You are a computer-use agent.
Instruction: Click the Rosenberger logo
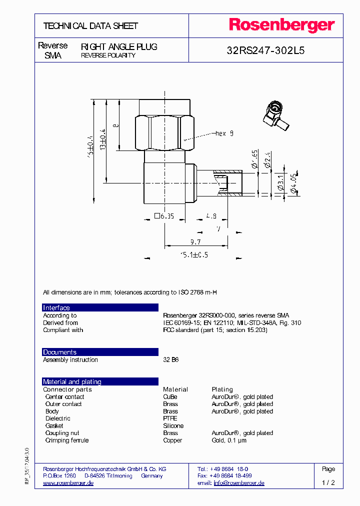pyautogui.click(x=281, y=25)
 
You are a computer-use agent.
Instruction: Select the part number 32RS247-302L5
pyautogui.click(x=265, y=50)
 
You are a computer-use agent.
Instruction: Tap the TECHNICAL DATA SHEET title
pyautogui.click(x=90, y=26)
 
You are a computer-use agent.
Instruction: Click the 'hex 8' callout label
pyautogui.click(x=224, y=133)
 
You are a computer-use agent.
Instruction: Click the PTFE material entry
pyautogui.click(x=170, y=418)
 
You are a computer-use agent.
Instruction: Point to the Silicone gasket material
pyautogui.click(x=173, y=426)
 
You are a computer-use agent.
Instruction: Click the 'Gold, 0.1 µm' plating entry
pyautogui.click(x=229, y=440)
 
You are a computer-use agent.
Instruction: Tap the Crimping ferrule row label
pyautogui.click(x=67, y=440)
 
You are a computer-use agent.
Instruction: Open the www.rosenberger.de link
pyautogui.click(x=68, y=483)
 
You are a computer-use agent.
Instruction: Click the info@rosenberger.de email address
pyautogui.click(x=239, y=483)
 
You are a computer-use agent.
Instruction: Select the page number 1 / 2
pyautogui.click(x=328, y=483)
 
